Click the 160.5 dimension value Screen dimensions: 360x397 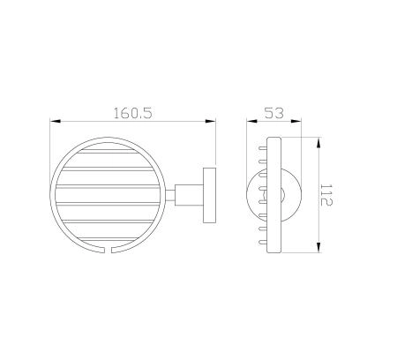[x=133, y=114]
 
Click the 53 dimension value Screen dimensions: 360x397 [x=275, y=114]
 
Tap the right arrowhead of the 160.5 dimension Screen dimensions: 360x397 [x=213, y=122]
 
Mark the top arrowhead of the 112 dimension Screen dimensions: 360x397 [x=315, y=140]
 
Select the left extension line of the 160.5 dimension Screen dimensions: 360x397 [x=50, y=150]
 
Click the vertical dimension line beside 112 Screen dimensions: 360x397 [x=315, y=195]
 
